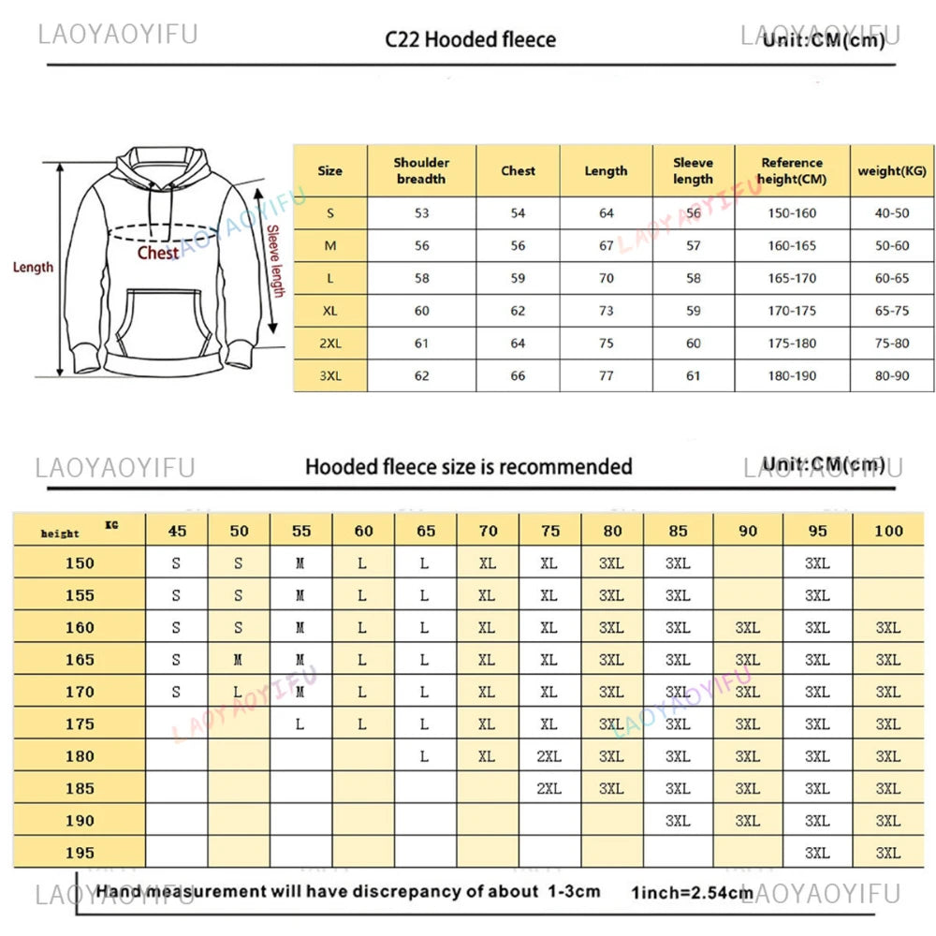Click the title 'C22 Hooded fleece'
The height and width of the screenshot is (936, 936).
pyautogui.click(x=471, y=39)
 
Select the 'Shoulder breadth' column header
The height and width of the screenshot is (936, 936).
pyautogui.click(x=421, y=170)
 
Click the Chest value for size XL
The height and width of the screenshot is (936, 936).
pyautogui.click(x=518, y=311)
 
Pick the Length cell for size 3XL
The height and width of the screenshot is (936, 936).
pyautogui.click(x=607, y=375)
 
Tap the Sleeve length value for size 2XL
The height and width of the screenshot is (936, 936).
pyautogui.click(x=693, y=344)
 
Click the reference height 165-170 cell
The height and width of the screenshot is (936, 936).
pyautogui.click(x=792, y=278)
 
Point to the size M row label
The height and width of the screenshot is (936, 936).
pyautogui.click(x=329, y=245)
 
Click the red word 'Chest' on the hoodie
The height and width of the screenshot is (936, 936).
pyautogui.click(x=158, y=253)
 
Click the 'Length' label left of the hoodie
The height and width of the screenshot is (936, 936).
pyautogui.click(x=33, y=268)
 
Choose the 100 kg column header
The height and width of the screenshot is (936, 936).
pyautogui.click(x=888, y=531)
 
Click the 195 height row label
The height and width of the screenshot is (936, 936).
pyautogui.click(x=80, y=853)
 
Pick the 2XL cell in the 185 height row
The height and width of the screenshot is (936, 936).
pyautogui.click(x=549, y=788)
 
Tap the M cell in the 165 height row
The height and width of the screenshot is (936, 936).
pyautogui.click(x=239, y=660)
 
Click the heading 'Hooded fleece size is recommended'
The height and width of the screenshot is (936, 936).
pyautogui.click(x=468, y=466)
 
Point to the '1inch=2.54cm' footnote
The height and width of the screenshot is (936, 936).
pyautogui.click(x=692, y=892)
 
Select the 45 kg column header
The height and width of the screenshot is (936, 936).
pyautogui.click(x=177, y=531)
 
